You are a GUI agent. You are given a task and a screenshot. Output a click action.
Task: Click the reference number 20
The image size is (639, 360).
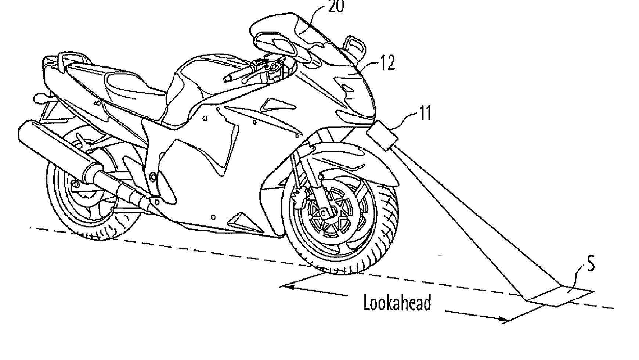tap(336, 7)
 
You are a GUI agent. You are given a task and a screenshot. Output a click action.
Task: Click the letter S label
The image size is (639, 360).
tap(590, 263)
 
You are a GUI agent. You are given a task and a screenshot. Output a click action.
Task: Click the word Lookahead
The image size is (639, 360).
tap(397, 303)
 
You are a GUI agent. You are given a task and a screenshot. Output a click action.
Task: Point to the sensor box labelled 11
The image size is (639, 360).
tap(383, 136)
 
